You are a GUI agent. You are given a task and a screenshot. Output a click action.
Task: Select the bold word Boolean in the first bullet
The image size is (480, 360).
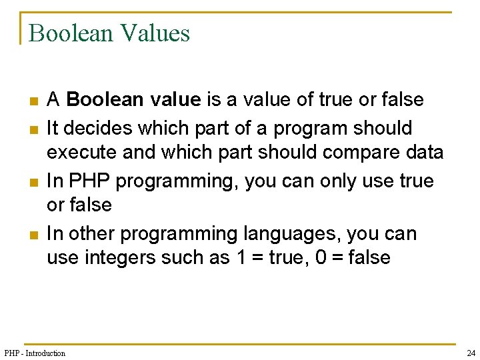click(x=105, y=100)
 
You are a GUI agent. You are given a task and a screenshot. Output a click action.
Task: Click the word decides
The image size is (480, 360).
click(x=91, y=127)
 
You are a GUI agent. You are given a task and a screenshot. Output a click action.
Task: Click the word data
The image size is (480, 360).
click(x=424, y=152)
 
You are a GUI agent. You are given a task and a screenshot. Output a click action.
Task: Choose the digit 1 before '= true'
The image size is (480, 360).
click(x=241, y=257)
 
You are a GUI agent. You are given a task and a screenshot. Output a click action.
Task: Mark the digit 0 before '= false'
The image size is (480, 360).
click(x=321, y=257)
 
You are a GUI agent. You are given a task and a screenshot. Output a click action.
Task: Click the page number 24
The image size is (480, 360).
click(x=471, y=353)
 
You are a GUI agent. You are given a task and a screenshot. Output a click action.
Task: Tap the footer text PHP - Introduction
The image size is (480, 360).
click(x=35, y=353)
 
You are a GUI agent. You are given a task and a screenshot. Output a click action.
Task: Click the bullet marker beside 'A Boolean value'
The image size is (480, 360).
click(x=33, y=101)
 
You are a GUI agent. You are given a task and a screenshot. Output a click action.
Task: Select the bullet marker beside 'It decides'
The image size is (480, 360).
click(x=33, y=129)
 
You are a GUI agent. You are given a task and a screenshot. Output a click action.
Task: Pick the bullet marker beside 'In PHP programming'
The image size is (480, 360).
click(x=33, y=182)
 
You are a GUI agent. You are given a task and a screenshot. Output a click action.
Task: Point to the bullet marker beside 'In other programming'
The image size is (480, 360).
click(x=33, y=235)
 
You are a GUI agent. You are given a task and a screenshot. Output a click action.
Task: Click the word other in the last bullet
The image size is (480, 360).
click(x=88, y=234)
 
